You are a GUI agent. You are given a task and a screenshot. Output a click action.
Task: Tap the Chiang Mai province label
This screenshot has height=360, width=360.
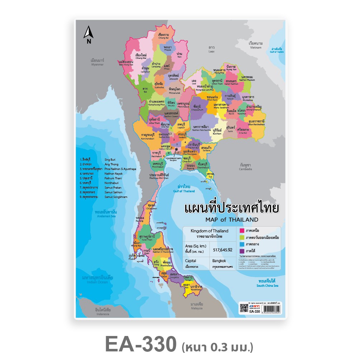coord(141,57)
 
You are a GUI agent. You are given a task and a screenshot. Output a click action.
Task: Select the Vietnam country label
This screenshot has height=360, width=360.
coord(256,45)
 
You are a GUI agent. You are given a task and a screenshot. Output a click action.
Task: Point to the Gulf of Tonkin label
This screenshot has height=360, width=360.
coord(277,50)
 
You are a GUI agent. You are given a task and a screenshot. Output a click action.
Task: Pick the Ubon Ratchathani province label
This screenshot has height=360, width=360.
coord(256,123)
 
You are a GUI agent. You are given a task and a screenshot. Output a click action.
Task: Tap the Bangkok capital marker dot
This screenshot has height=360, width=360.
coord(176,149)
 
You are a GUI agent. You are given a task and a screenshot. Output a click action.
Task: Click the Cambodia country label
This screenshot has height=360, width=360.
coord(246,167)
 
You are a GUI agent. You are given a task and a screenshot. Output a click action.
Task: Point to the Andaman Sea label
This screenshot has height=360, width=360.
coord(105,214)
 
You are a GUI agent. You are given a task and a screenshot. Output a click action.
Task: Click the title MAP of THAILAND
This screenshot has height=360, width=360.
coord(232,219)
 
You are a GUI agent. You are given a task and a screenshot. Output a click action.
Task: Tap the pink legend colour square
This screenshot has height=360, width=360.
coord(242,231)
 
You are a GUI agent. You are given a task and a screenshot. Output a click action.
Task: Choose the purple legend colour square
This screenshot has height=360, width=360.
coord(242,251)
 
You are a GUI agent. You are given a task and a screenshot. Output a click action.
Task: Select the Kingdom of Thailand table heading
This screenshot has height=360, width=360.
coord(209,231)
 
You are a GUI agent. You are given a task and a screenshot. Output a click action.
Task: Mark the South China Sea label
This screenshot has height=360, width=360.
coord(267,284)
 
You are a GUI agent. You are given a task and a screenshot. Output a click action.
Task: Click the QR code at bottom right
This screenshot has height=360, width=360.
coord(243,309)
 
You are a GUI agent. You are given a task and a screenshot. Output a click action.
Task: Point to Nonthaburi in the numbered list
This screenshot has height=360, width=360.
coord(113,183)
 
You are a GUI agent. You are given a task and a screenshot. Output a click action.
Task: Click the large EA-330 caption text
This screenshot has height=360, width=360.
coord(141,344)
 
